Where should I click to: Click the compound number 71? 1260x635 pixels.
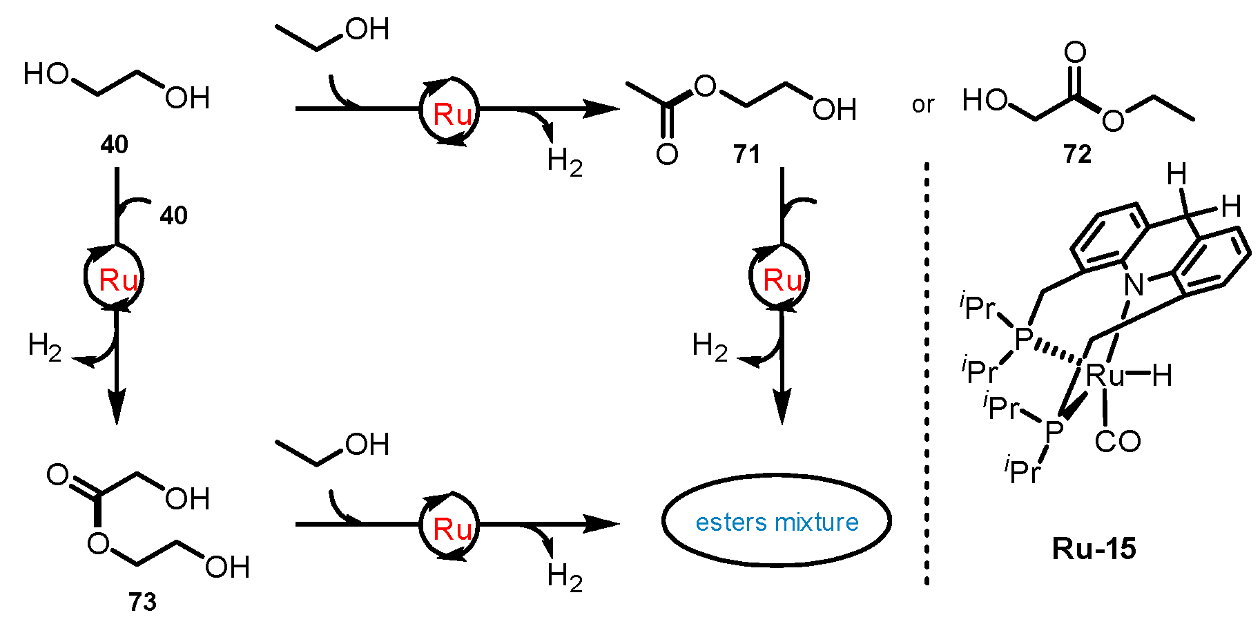[746, 154]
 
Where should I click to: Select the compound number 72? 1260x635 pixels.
[1077, 154]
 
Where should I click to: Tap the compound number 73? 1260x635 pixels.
[143, 602]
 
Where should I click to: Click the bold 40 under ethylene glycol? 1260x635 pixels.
[115, 144]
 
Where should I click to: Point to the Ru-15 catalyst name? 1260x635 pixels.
[1094, 549]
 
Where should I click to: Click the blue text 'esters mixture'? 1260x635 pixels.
[777, 522]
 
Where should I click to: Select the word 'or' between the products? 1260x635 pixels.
[923, 104]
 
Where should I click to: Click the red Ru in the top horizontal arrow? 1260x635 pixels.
[452, 115]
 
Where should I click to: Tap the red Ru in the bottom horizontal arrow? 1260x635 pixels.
[452, 529]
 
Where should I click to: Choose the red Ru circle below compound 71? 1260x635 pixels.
[782, 280]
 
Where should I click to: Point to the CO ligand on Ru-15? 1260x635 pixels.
[1118, 442]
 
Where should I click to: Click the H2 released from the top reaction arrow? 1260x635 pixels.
[564, 162]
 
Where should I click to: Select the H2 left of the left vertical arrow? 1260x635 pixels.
[44, 346]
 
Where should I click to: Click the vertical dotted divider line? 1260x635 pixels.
[927, 373]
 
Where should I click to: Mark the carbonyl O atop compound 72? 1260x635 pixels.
[1075, 52]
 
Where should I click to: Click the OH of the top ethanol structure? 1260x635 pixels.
[367, 29]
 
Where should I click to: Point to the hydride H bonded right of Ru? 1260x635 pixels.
[1162, 375]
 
